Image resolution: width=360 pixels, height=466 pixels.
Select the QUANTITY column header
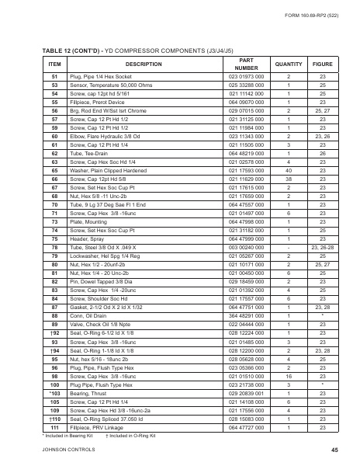288,64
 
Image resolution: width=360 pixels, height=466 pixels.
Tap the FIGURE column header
322,64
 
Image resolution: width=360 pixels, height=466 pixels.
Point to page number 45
334,450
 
